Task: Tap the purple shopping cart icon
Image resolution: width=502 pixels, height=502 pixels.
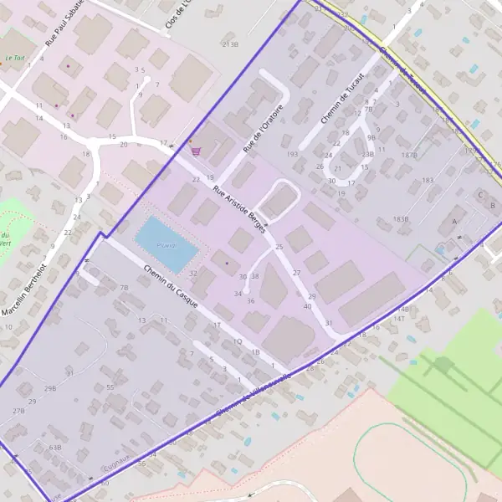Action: (x=196, y=151)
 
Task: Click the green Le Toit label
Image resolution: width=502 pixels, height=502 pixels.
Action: (x=14, y=59)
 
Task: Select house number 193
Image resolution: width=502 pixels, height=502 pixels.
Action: (x=292, y=155)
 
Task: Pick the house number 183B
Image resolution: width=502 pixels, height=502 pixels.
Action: (x=401, y=219)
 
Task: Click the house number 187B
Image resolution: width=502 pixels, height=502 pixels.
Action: (x=409, y=156)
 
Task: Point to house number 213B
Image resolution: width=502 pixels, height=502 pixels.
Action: (x=230, y=43)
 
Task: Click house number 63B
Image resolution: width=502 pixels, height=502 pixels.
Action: (x=55, y=448)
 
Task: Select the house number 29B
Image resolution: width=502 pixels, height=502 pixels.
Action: (x=50, y=389)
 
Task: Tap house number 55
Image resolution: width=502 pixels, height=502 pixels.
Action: (x=110, y=387)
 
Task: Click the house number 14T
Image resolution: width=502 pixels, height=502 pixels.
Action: (x=400, y=319)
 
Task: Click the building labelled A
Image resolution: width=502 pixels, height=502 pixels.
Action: (x=454, y=221)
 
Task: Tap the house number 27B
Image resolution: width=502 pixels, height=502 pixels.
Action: (x=18, y=411)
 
